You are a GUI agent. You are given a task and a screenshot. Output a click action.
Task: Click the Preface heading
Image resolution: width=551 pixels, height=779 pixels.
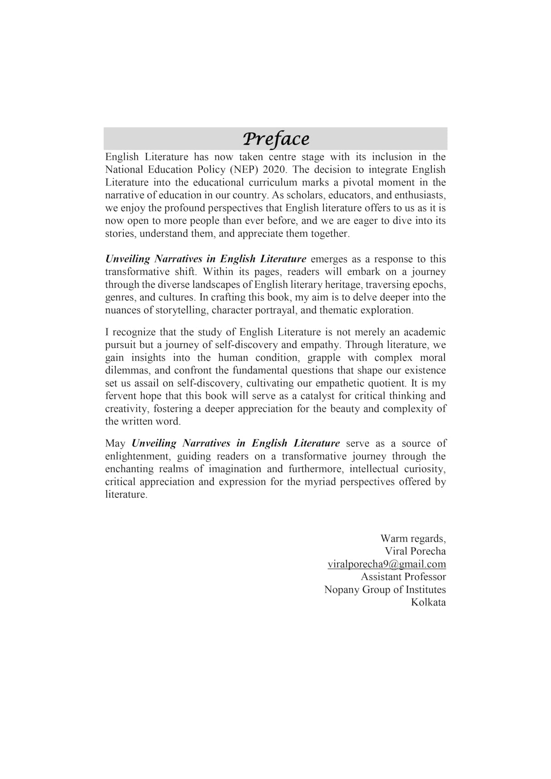[x=275, y=139]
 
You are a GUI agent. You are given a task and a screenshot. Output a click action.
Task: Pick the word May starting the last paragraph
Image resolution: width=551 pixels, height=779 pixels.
[x=115, y=444]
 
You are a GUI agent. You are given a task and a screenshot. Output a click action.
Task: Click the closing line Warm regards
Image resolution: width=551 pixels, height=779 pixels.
[x=413, y=539]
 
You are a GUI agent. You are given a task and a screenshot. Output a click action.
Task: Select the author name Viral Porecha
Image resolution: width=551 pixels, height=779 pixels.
[x=415, y=552]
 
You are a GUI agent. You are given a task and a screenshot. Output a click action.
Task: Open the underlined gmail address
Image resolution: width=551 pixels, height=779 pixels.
[x=387, y=564]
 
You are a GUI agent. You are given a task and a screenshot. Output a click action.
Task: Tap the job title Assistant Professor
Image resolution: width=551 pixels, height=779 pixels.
[x=403, y=577]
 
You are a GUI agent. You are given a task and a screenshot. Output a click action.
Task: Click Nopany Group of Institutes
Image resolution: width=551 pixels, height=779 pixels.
[x=385, y=590]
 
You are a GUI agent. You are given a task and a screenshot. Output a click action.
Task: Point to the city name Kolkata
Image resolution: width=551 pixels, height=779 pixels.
[x=428, y=602]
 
